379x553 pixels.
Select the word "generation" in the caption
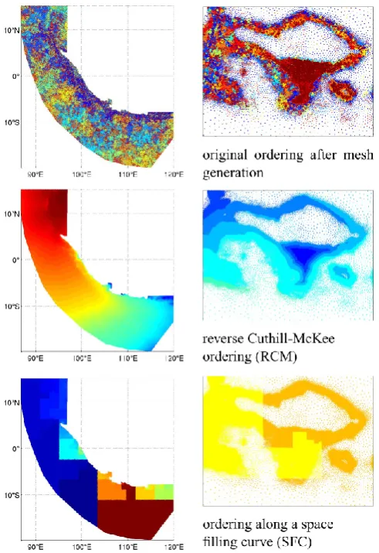tap(232, 173)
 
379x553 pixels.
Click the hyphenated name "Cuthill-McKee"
tap(291, 338)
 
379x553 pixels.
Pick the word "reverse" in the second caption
tap(223, 339)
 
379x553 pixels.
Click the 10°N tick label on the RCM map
tap(12, 213)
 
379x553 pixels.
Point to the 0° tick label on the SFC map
tap(16, 449)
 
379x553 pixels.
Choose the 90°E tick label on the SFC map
tap(36, 547)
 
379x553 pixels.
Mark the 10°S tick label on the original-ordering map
tap(12, 122)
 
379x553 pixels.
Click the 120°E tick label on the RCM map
tap(174, 358)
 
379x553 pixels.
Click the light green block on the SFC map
tap(164, 492)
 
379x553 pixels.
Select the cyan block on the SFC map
tap(69, 448)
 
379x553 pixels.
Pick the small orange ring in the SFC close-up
tap(343, 461)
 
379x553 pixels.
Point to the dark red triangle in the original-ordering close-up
tap(303, 76)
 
